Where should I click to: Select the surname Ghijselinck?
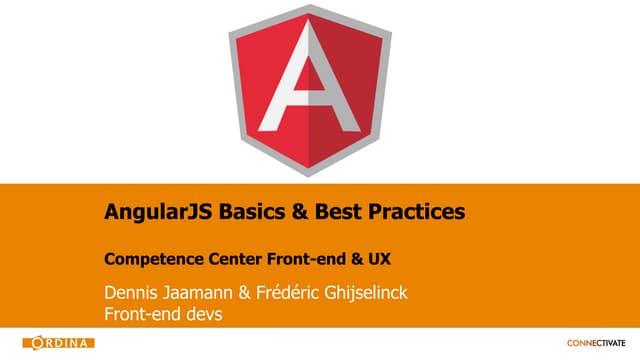pyautogui.click(x=381, y=294)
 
